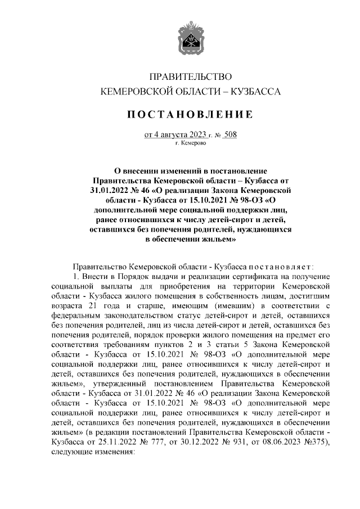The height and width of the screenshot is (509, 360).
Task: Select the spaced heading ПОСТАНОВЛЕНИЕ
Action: tap(189, 115)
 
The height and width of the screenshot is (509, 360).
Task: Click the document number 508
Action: tap(230, 134)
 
